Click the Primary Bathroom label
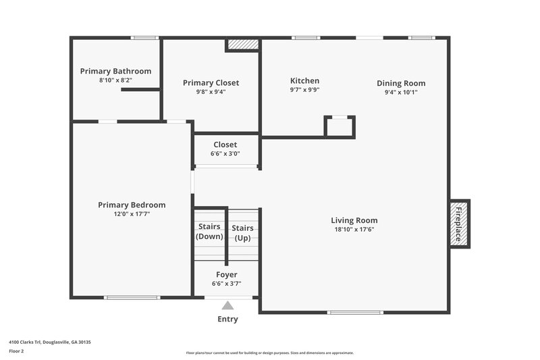click(115, 71)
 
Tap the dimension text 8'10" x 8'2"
click(115, 80)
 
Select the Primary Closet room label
click(211, 83)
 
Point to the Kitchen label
click(304, 80)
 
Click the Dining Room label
click(401, 83)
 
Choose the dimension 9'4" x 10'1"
click(401, 92)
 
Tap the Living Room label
click(354, 220)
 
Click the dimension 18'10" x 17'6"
click(354, 229)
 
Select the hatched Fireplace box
click(460, 224)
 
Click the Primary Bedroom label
click(132, 205)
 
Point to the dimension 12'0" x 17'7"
click(132, 213)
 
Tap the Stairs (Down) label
click(209, 232)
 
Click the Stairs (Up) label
click(242, 233)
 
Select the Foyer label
click(226, 274)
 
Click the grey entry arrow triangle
click(227, 305)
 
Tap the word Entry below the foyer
click(227, 319)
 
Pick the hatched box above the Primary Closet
click(242, 45)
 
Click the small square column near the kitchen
click(340, 126)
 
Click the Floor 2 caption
click(16, 351)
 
